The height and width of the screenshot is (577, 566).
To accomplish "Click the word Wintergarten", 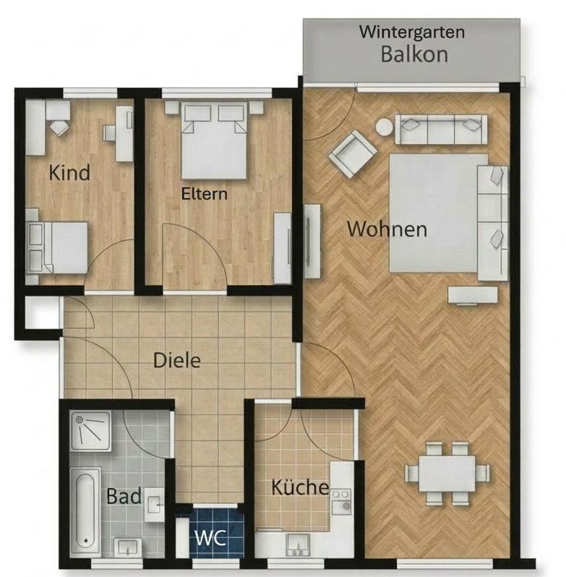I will click(x=413, y=33).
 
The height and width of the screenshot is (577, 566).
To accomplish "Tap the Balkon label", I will click(x=414, y=54).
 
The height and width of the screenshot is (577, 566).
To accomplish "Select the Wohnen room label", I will click(x=386, y=230).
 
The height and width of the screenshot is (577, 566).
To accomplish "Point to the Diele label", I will click(x=176, y=359).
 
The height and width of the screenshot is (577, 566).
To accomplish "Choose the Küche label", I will click(x=300, y=487).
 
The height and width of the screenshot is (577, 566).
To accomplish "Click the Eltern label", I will click(x=204, y=194).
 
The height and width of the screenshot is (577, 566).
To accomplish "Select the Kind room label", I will click(x=70, y=174).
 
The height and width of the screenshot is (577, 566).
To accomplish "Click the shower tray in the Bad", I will click(x=91, y=430).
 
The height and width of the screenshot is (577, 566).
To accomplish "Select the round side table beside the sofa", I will click(x=383, y=127).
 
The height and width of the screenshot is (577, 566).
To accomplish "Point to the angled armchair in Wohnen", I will click(x=353, y=154).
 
